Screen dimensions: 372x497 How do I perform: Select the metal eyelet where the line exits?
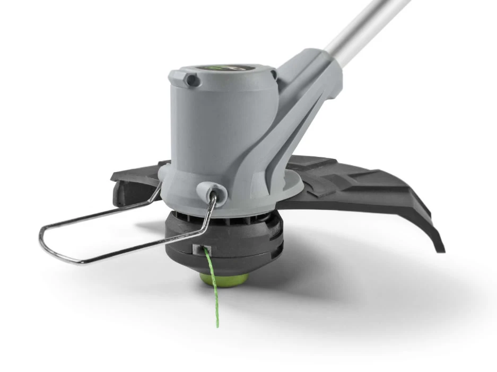coord(200,249)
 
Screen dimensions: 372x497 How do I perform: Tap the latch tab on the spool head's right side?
coord(273,238)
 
